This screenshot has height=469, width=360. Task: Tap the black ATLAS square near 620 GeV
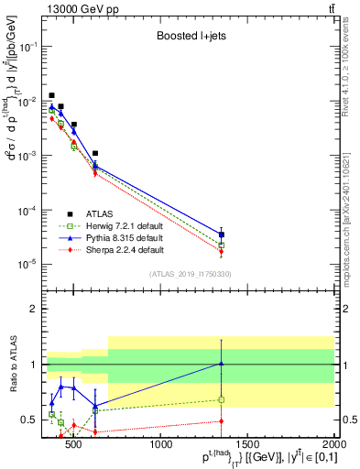[x=95, y=153]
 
